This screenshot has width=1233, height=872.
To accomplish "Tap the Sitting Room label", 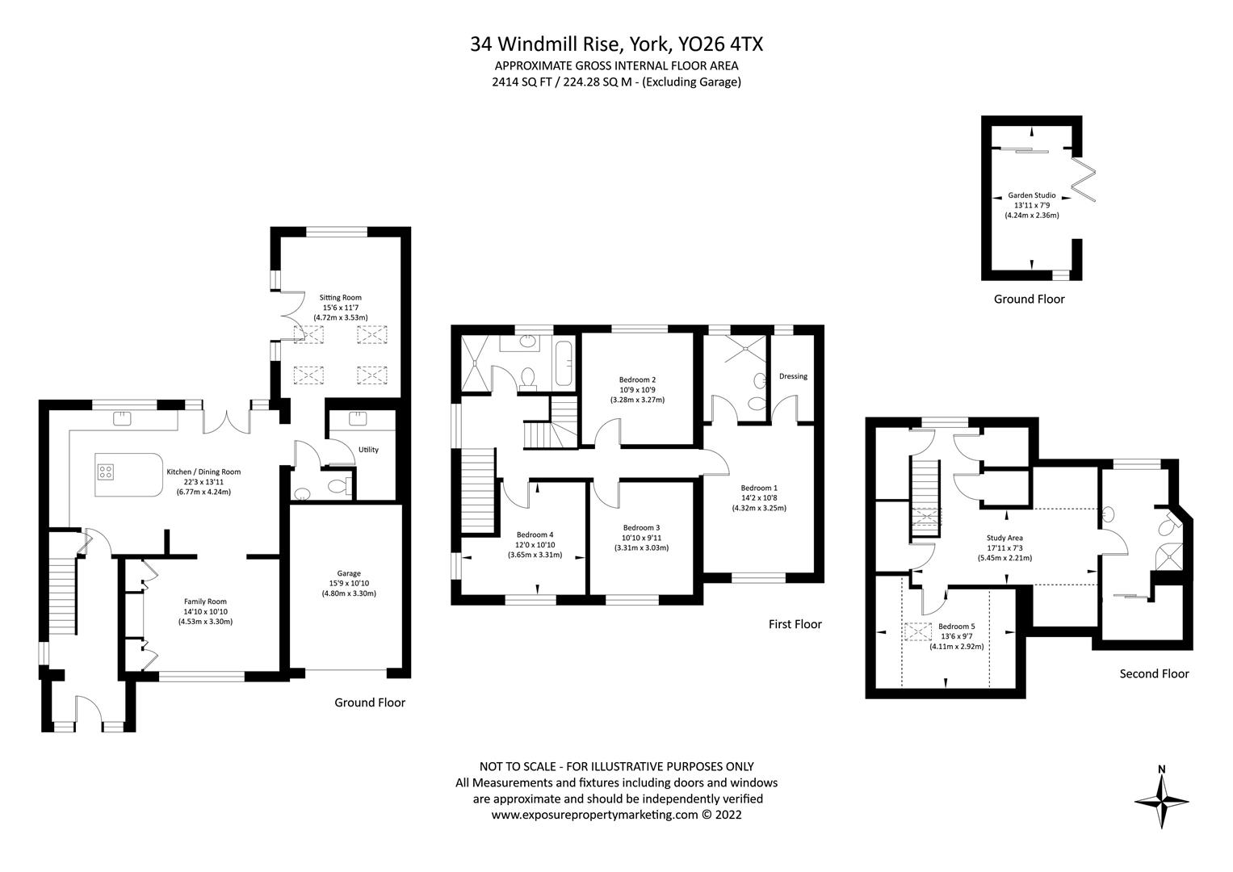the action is (x=340, y=298).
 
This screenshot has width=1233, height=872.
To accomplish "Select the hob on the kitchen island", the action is (x=106, y=472).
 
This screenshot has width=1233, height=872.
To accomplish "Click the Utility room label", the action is (x=368, y=450).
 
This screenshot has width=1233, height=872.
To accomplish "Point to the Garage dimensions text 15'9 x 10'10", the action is (x=349, y=583).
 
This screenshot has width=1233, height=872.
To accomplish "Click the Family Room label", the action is (x=205, y=602).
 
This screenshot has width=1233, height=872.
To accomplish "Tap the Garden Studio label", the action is (x=1031, y=195).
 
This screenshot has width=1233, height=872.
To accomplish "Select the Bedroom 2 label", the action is (x=637, y=379).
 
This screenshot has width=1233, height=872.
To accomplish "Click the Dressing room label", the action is (x=793, y=376).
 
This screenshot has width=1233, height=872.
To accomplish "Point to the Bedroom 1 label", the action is (x=759, y=488).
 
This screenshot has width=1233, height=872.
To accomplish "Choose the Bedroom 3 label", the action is (x=641, y=527).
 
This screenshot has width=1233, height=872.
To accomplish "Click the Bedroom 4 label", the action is (x=535, y=535).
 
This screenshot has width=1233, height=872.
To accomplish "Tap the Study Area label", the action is (x=1004, y=538).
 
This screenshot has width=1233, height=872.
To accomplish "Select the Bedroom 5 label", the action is (x=957, y=626).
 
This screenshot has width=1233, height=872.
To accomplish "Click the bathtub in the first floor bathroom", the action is (x=564, y=363).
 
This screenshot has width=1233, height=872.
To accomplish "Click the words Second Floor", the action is (x=1155, y=674).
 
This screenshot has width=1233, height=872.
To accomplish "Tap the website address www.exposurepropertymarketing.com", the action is (x=594, y=815).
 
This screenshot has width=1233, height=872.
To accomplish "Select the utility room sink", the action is (x=358, y=418).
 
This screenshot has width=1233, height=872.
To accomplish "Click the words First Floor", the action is (x=795, y=624).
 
